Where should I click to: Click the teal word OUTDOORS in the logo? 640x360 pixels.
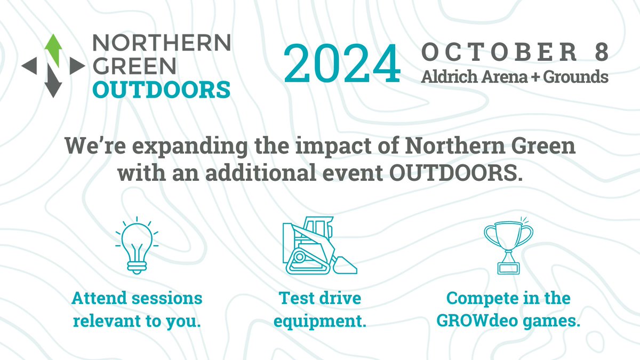tap(162, 89)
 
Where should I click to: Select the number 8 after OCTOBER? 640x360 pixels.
tap(599, 53)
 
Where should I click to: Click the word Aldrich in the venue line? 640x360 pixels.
tap(446, 77)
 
